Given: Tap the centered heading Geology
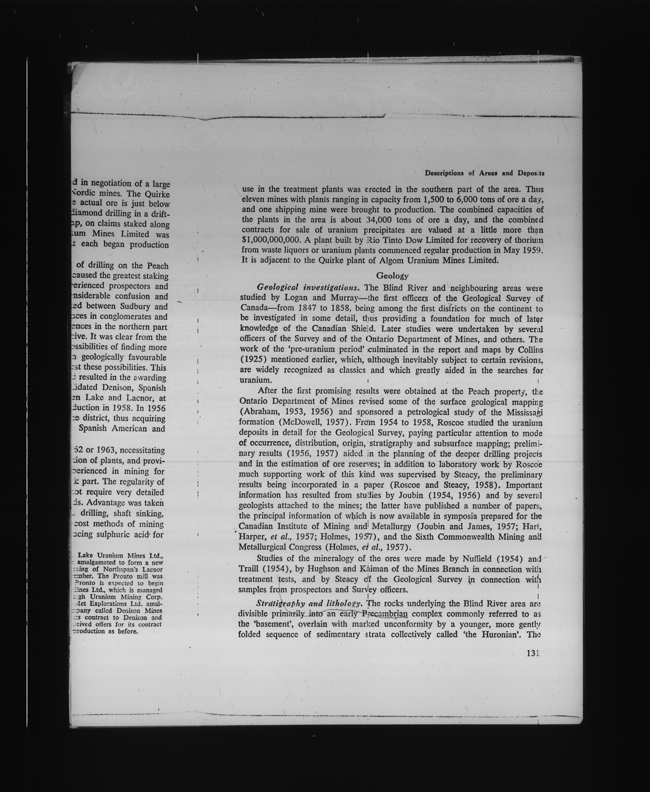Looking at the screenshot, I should pos(392,276).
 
